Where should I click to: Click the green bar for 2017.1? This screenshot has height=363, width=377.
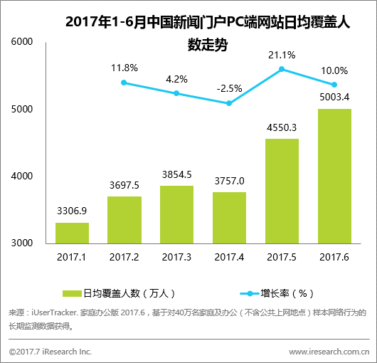(72, 233)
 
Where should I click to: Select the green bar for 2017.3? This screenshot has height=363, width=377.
(176, 214)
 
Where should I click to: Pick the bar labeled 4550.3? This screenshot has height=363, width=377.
(282, 191)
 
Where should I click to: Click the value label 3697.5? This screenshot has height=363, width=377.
(124, 185)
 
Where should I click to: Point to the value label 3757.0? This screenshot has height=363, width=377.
(229, 181)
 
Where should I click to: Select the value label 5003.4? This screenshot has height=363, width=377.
(334, 98)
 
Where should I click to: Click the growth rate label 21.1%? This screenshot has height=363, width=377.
(282, 54)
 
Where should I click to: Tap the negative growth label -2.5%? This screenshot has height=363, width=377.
(229, 88)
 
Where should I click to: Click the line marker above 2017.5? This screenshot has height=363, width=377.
(282, 69)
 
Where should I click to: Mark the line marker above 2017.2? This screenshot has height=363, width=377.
(124, 83)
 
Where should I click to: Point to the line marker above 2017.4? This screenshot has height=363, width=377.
(229, 103)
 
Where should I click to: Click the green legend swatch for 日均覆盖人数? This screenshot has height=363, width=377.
(73, 293)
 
